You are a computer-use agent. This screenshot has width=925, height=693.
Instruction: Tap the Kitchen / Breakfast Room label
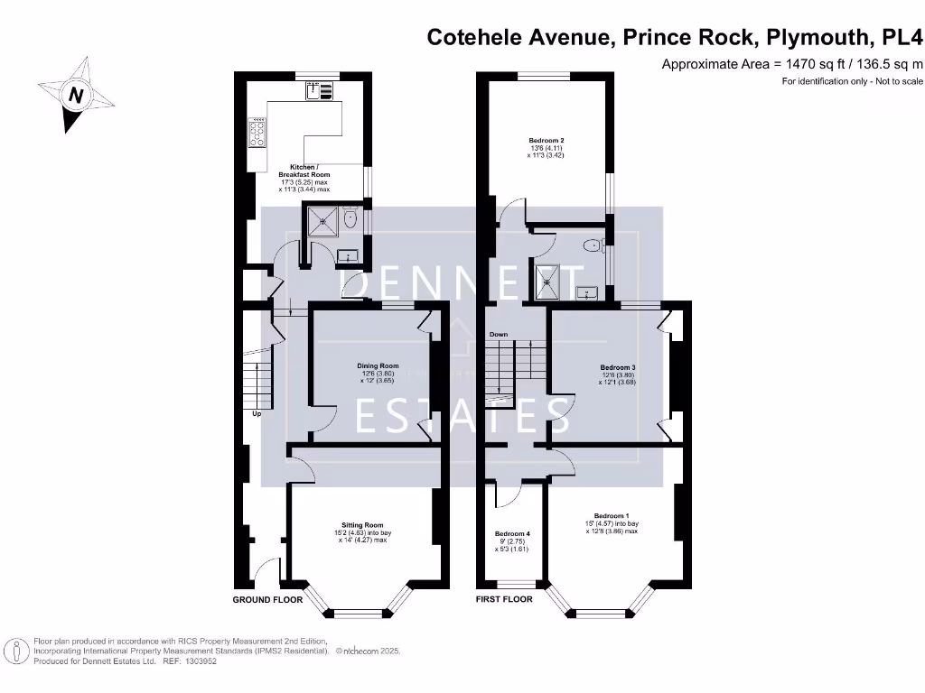[x=310, y=171]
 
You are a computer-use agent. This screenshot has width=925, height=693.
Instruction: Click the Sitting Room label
[x=362, y=525]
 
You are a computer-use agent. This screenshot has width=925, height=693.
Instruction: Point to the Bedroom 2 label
[x=547, y=141]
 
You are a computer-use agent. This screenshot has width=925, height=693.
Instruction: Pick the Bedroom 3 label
[x=618, y=368]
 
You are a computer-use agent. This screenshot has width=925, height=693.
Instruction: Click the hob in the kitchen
[x=257, y=134]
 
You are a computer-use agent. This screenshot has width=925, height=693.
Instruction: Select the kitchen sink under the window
[x=319, y=90]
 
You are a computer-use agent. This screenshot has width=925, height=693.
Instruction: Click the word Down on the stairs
[x=499, y=335]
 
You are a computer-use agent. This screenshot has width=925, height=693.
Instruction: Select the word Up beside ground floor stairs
[x=257, y=414]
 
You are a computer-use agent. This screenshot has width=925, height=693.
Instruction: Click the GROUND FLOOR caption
[x=267, y=599]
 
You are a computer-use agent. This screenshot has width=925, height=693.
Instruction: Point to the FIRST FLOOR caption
[x=504, y=599]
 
